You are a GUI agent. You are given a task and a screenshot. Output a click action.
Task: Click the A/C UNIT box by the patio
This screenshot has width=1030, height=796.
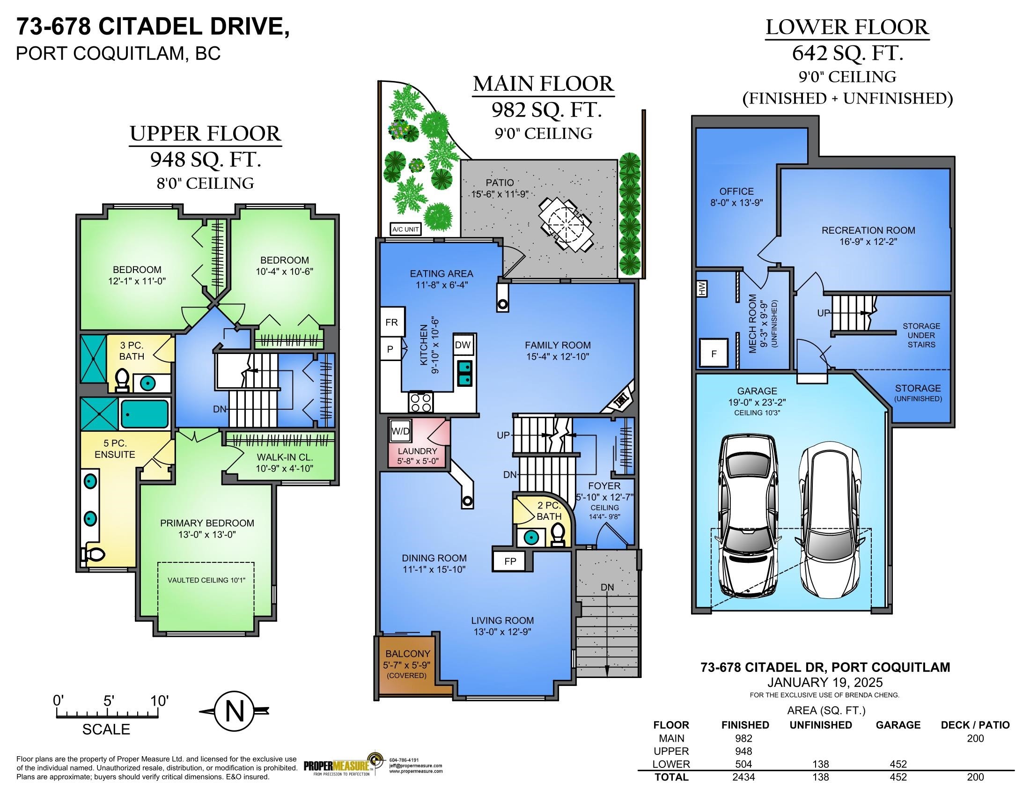point(405,229)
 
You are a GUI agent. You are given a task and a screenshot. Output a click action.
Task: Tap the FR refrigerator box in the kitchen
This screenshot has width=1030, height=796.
point(392,322)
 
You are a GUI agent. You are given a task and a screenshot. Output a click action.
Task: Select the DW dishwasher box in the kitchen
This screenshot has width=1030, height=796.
point(463,345)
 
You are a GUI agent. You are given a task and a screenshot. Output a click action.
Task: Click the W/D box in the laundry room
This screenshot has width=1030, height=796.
point(400,431)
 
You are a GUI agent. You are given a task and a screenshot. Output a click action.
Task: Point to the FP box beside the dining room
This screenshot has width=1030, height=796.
point(510,561)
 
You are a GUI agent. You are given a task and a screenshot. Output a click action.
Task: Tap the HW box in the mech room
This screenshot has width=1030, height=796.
point(702,288)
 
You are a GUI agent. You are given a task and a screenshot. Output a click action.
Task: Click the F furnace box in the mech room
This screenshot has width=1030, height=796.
point(714,353)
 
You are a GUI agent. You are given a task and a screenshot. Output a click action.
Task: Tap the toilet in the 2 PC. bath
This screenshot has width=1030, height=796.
point(558,536)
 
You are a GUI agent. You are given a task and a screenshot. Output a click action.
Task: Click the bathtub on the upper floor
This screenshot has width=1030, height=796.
point(145,414)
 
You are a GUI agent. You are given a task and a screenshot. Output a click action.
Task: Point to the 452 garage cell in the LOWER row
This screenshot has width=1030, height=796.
point(898,765)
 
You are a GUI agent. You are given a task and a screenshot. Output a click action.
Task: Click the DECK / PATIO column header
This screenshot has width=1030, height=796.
point(975,725)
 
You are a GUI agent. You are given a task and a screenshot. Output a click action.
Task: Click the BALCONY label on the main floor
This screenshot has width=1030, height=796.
point(407,654)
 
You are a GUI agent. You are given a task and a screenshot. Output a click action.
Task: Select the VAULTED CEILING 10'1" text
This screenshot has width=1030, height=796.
point(206,580)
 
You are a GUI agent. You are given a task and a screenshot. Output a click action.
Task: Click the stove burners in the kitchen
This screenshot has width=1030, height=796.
point(420,402)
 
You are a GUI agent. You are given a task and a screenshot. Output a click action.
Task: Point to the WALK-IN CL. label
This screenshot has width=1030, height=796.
point(284,457)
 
